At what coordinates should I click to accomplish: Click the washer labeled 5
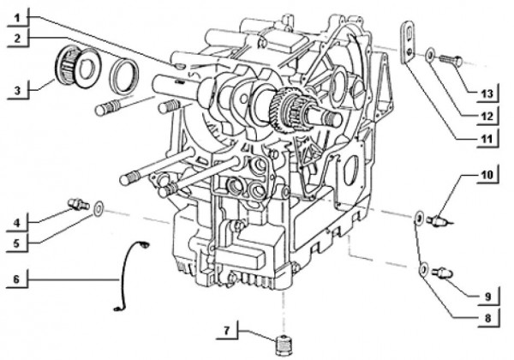tap(99, 207)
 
